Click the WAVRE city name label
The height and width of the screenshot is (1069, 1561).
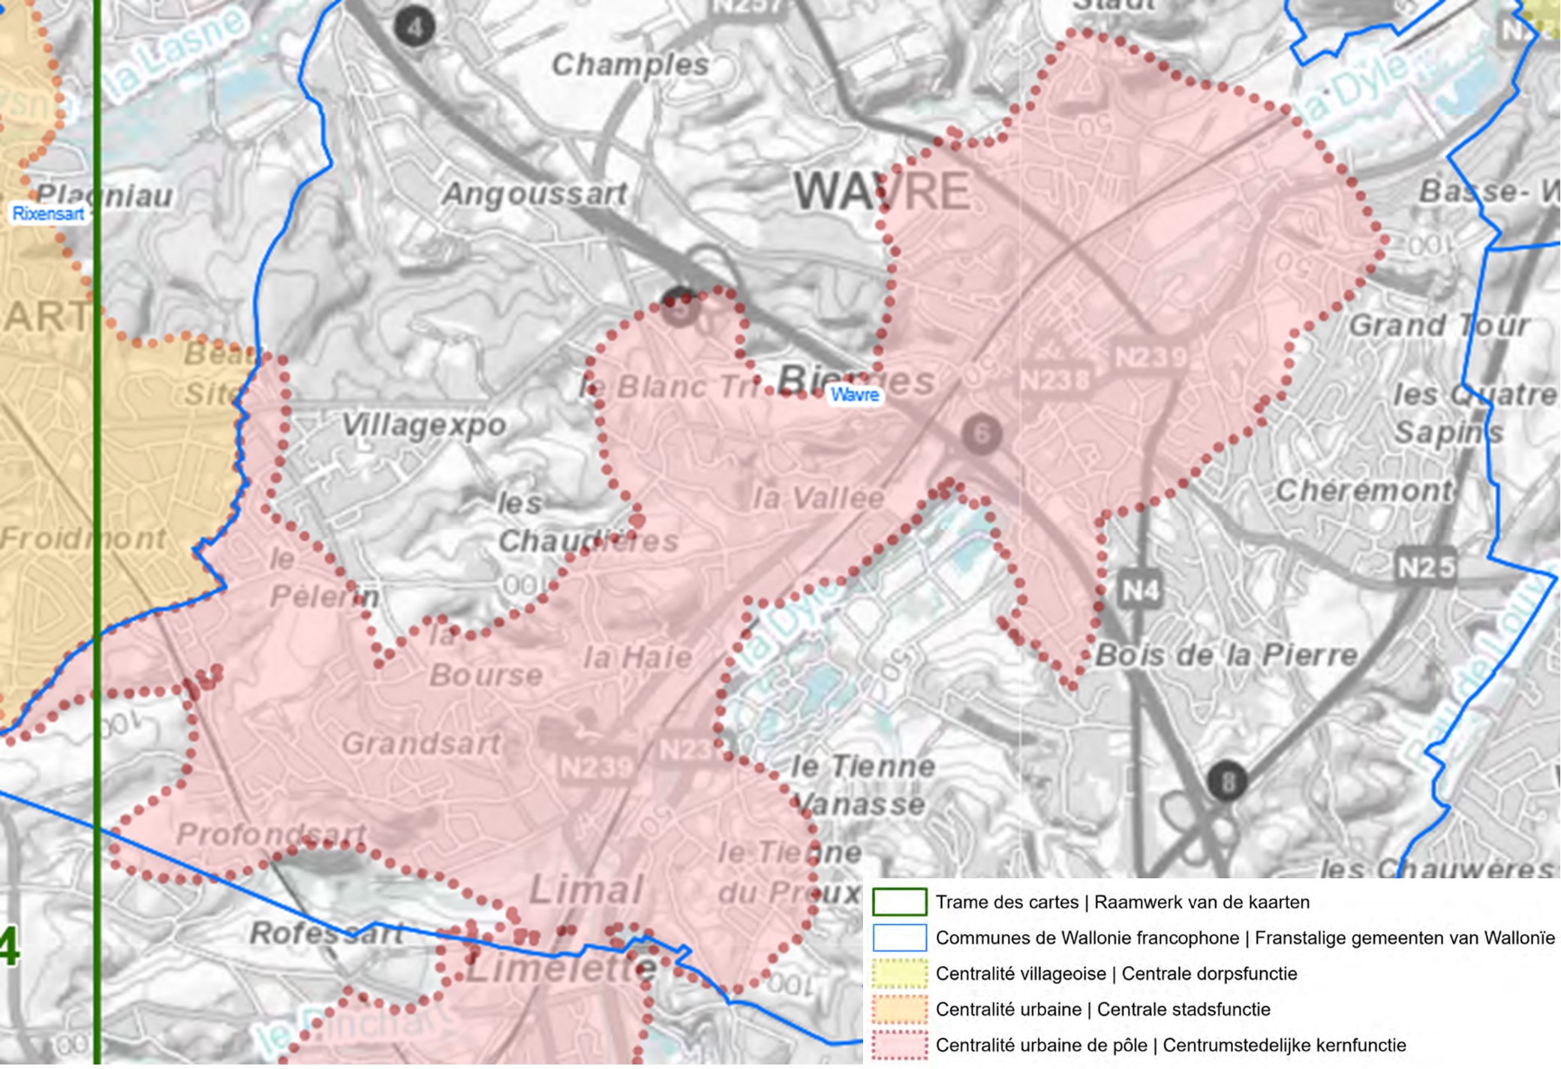pos(882,191)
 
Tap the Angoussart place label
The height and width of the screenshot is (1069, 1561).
pos(534,194)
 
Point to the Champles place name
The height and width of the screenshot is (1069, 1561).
pos(630,65)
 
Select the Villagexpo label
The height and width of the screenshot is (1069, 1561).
pos(424,425)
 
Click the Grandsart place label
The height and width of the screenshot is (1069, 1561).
pos(421,744)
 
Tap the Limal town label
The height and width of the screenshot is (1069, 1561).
pos(586,890)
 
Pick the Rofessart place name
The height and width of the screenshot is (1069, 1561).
pos(326,933)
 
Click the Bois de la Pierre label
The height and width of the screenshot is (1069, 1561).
pos(1226,655)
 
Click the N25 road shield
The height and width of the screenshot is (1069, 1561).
pos(1425,567)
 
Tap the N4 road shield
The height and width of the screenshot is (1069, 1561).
pos(1140,591)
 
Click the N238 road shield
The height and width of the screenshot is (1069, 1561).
pos(1054,380)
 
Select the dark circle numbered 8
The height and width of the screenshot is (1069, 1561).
pos(1227,782)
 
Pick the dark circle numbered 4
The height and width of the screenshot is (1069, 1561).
pos(414,28)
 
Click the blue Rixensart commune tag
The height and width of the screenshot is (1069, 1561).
pos(48,214)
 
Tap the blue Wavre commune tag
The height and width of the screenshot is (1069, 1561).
pos(854,394)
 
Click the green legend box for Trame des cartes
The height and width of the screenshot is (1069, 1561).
pos(899,902)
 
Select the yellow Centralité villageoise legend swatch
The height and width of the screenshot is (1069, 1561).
pos(899,974)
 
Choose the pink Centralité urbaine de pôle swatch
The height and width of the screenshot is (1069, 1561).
pos(899,1045)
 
